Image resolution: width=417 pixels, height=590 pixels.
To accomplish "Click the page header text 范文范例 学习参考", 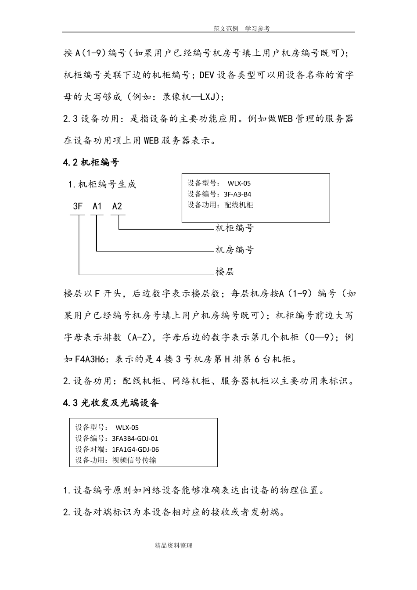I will (241, 29).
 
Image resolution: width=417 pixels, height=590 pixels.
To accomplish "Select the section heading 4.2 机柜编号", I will (91, 162).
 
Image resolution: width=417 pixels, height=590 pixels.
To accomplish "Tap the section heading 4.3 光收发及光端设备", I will (111, 403).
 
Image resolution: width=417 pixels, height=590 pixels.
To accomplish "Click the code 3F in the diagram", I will (78, 206).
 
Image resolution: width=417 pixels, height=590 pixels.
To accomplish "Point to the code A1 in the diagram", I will (97, 206).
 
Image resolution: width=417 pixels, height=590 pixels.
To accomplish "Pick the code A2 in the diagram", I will (117, 206).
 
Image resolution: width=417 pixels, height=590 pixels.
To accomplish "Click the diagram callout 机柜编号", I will (234, 228).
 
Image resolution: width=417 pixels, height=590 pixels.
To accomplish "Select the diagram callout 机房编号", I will (234, 250).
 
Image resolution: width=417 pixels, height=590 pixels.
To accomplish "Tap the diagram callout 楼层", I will (225, 272).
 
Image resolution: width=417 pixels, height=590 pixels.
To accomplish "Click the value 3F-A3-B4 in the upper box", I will (237, 194).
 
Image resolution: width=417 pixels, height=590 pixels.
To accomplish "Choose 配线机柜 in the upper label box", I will (239, 205).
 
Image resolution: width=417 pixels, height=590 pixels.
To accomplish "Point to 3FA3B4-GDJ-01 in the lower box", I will (135, 438).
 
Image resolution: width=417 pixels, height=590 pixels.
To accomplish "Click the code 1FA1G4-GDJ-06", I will (136, 449).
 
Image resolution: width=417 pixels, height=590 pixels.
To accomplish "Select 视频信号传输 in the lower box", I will (134, 460).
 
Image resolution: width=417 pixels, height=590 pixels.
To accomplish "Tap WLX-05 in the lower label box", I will (127, 428).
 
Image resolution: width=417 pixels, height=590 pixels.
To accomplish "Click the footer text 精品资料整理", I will (173, 546).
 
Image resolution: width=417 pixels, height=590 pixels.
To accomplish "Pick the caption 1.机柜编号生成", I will (102, 184).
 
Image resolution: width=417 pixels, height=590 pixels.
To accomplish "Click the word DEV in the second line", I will (207, 75).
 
